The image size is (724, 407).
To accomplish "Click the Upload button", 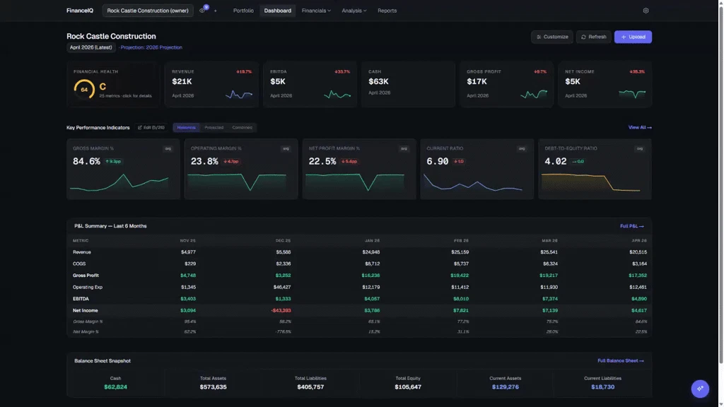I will (633, 37).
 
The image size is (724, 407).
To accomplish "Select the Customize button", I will (552, 37).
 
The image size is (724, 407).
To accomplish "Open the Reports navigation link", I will (387, 11).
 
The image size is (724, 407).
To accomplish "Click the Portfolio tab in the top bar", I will (243, 11).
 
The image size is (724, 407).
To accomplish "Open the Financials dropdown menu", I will (316, 11).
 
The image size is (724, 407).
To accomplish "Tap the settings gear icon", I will (646, 11).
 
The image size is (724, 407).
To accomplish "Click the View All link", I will (640, 127).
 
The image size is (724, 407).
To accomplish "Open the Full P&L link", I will (631, 226).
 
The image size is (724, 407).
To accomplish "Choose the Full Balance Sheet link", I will (620, 361).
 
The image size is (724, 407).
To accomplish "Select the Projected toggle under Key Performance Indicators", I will (214, 127).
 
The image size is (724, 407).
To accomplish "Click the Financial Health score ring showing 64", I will (84, 90).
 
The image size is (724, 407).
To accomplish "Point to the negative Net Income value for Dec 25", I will (281, 310).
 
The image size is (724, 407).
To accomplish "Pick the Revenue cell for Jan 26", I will (370, 252).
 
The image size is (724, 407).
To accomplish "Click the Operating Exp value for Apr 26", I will (637, 287).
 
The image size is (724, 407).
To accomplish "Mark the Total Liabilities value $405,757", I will (310, 387).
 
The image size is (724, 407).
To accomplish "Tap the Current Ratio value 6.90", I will (438, 161).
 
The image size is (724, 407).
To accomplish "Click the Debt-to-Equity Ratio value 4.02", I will (556, 161).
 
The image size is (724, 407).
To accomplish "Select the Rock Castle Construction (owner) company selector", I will (148, 11).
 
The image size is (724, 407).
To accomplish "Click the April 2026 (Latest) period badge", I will (91, 47).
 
